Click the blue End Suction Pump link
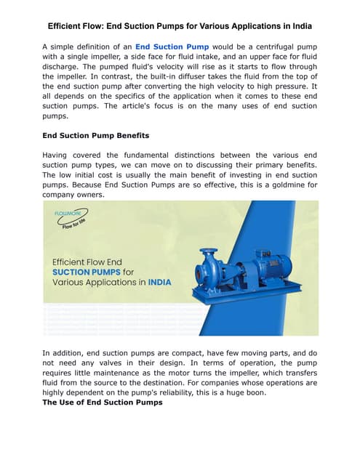coord(172,46)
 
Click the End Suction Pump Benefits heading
coord(95,135)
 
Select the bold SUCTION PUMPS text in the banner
coord(86,272)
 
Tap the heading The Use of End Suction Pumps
coord(103,403)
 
